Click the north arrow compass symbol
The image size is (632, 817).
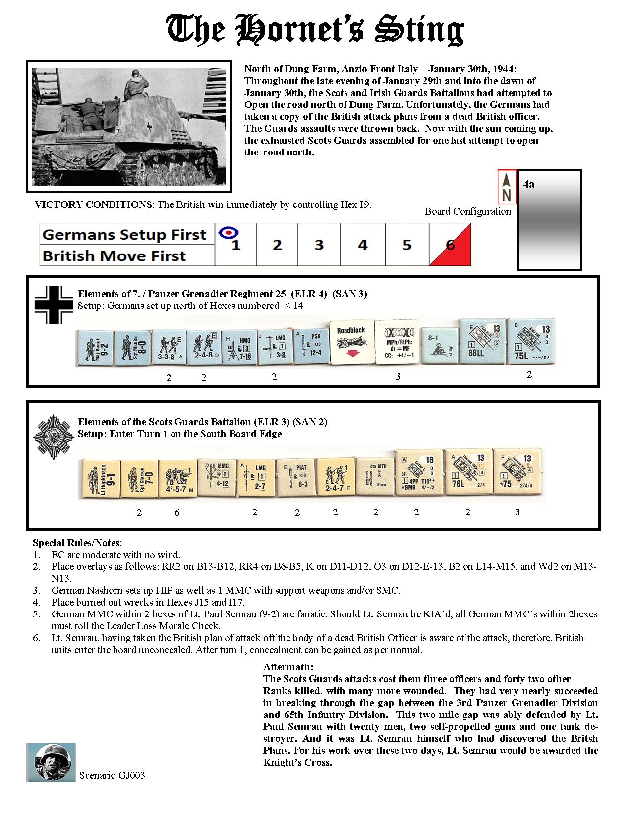507,187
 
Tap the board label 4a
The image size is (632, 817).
529,184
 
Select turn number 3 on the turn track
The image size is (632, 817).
319,245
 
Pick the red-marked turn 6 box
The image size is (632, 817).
450,245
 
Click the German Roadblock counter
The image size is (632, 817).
351,343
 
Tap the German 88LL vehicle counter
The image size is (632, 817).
479,342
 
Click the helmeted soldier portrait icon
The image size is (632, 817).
51,763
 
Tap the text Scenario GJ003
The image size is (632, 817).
112,775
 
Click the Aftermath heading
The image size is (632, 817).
288,667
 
